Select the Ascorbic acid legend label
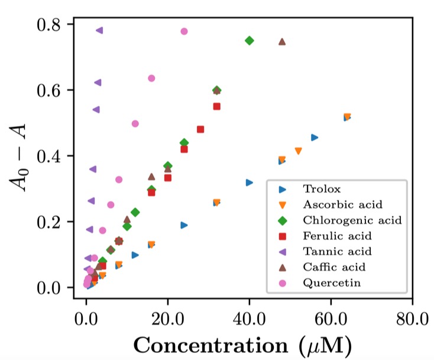(342, 205)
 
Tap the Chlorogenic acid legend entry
(352, 220)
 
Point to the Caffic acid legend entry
(334, 267)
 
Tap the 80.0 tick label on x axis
(412, 322)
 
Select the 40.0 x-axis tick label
(249, 322)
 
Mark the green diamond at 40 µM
(249, 41)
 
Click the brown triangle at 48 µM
(282, 41)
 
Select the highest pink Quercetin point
(184, 31)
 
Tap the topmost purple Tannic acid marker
(99, 30)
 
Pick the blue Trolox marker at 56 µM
(315, 138)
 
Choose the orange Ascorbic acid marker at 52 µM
(298, 151)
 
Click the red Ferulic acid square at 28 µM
(200, 129)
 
